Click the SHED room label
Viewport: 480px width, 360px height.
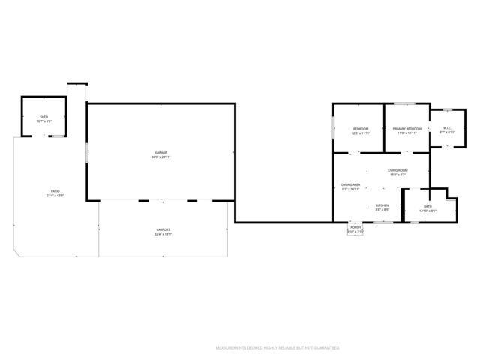[x=43, y=117]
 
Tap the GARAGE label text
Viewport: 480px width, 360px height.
[x=160, y=153]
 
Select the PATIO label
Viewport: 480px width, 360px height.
[x=55, y=191]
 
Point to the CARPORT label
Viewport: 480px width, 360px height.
[x=163, y=229]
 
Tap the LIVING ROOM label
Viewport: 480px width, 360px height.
[x=397, y=171]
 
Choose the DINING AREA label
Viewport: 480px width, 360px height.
[x=351, y=185]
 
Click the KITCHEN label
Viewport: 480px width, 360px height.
[x=382, y=205]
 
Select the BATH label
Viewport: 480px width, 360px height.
[x=427, y=206]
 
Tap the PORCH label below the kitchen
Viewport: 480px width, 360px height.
[x=355, y=227]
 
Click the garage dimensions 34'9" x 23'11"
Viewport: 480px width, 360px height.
[x=160, y=157]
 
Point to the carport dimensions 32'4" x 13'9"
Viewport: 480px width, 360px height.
[x=163, y=234]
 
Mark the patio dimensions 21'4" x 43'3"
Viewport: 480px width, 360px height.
[x=55, y=196]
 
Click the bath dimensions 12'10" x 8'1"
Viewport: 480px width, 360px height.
[x=427, y=211]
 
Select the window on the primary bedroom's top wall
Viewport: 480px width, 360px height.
[x=406, y=103]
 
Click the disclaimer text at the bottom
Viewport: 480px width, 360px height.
[x=277, y=348]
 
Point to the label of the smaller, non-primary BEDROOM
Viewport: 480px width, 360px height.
[x=361, y=129]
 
